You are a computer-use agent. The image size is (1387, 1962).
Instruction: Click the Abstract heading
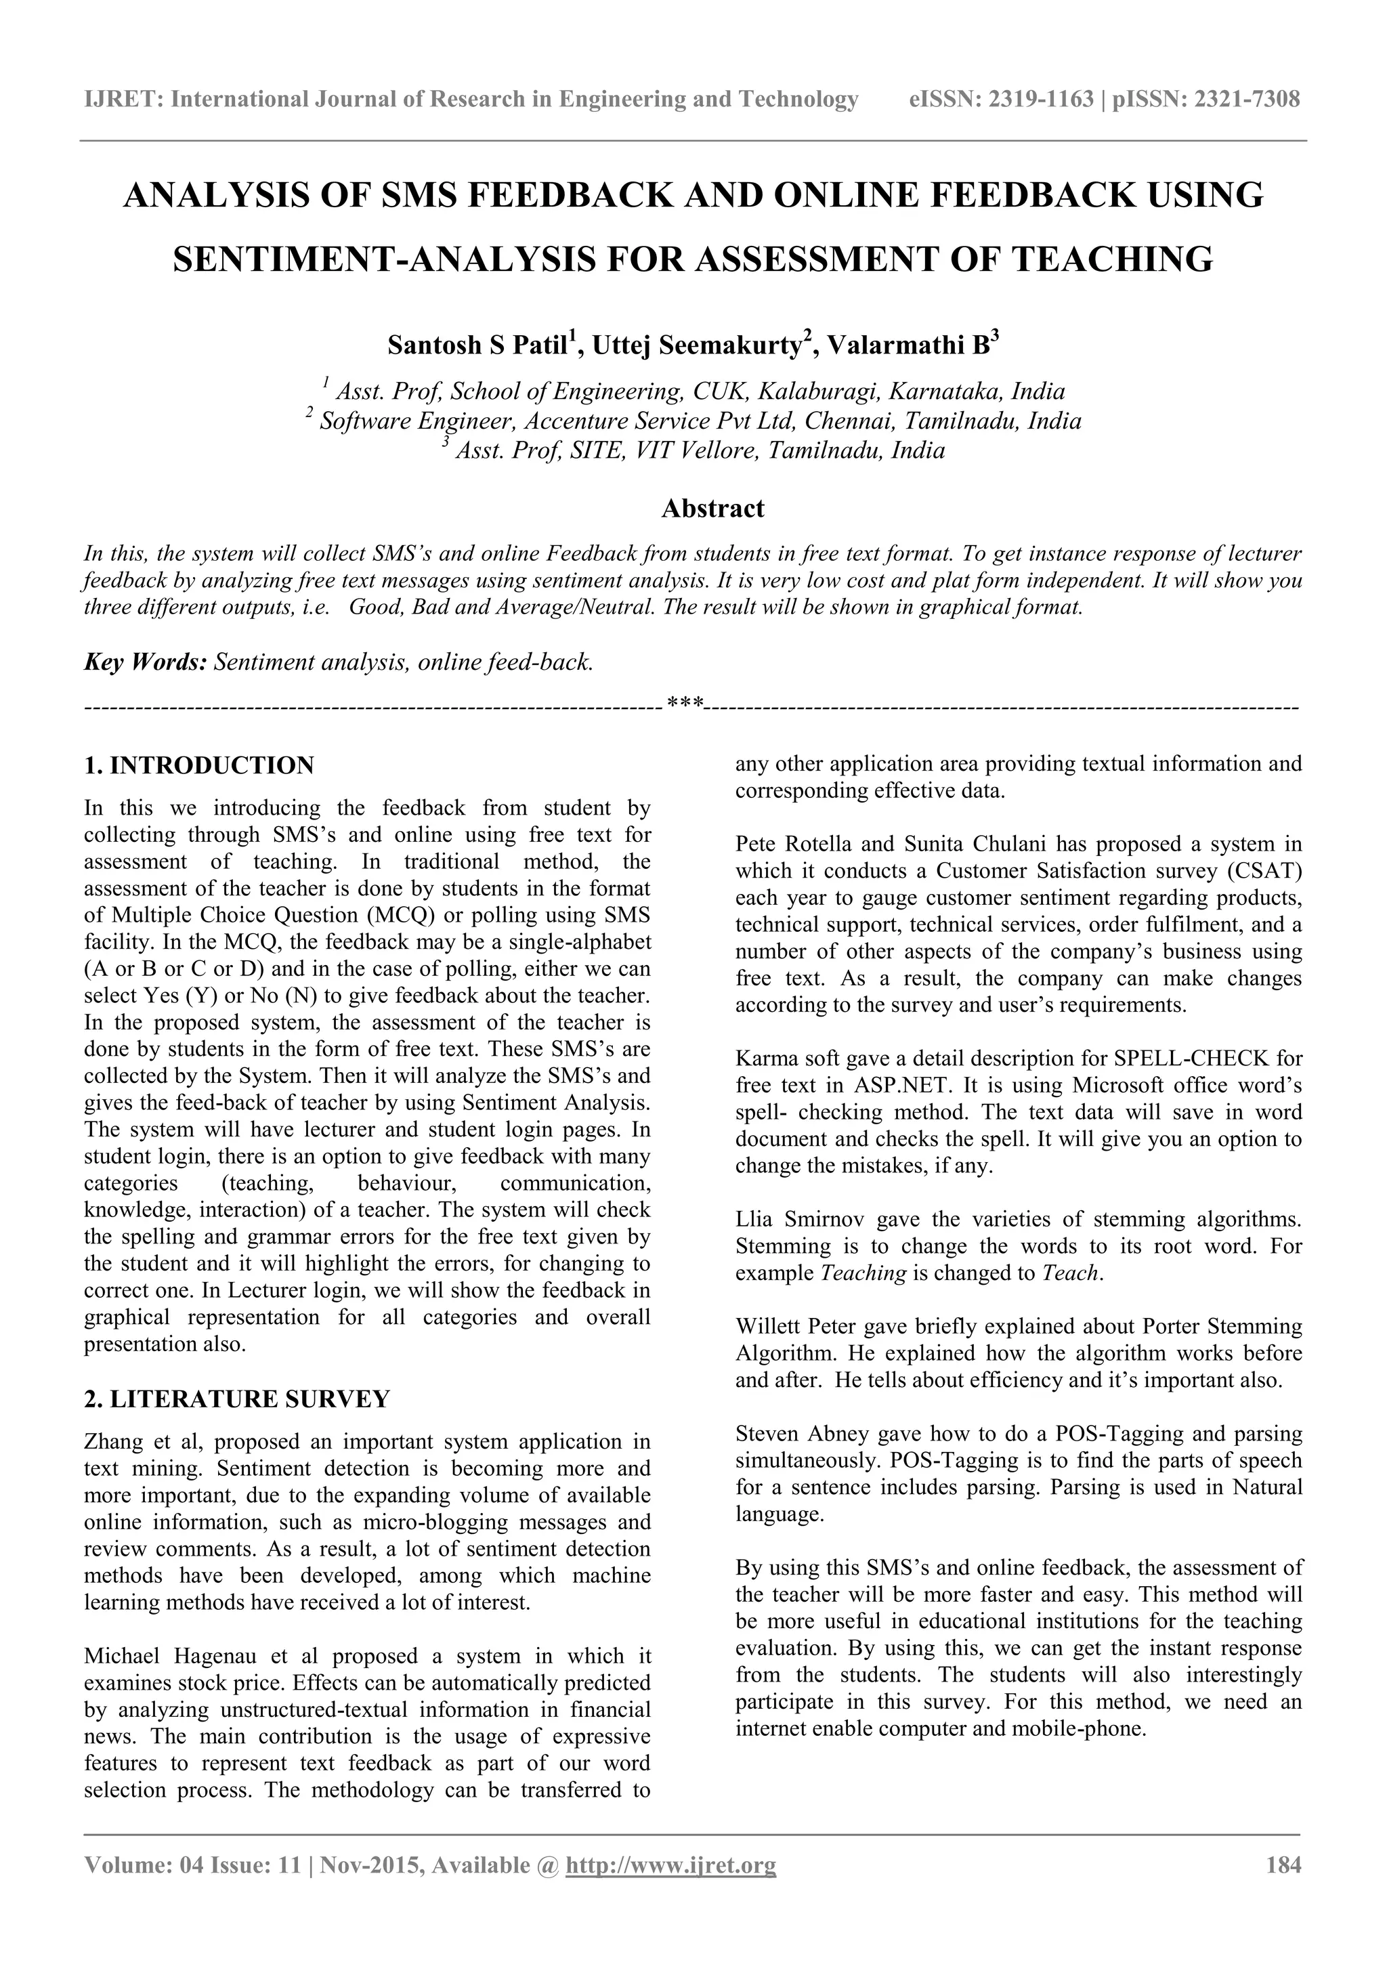(x=712, y=509)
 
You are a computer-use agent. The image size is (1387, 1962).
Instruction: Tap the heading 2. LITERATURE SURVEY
(x=237, y=1399)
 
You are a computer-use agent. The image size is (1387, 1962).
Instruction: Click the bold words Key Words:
(x=146, y=662)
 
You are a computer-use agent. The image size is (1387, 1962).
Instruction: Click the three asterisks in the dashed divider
(x=685, y=705)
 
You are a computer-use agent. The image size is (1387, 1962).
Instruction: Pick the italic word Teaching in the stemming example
(x=862, y=1273)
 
